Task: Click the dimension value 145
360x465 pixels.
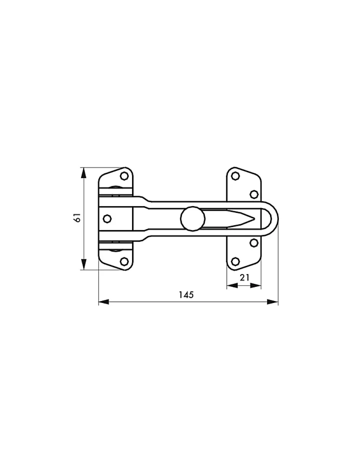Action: tap(186, 295)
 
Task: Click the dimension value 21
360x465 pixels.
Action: tap(244, 278)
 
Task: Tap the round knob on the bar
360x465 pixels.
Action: tap(193, 219)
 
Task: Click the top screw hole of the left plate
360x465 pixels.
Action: tap(124, 176)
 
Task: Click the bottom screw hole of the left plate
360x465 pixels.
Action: tap(124, 262)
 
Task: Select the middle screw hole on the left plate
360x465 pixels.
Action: tap(107, 219)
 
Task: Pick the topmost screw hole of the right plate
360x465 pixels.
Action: tap(236, 176)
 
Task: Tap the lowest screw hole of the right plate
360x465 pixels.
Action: tap(236, 262)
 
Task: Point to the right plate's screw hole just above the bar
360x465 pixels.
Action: tap(254, 194)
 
